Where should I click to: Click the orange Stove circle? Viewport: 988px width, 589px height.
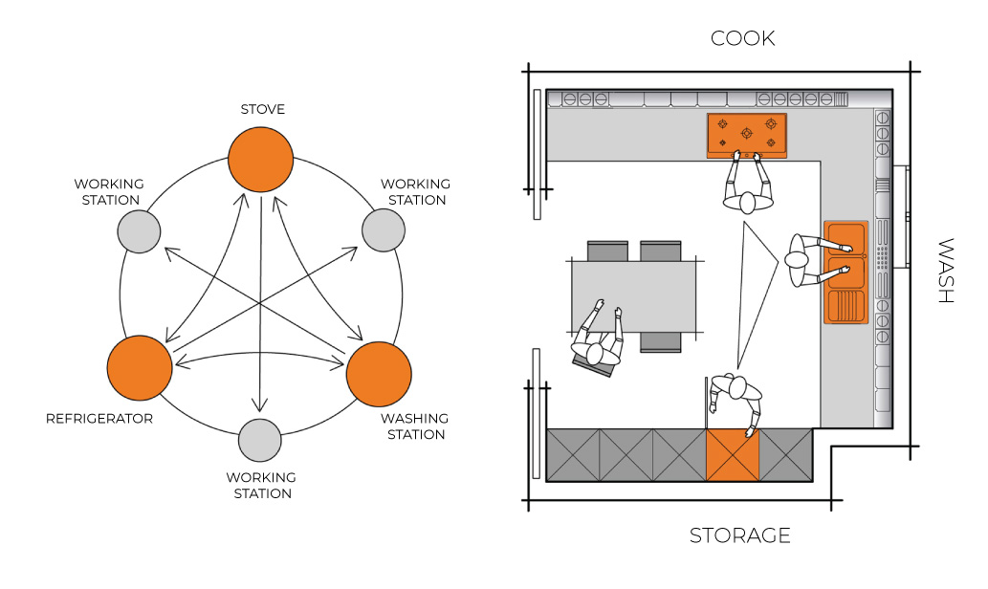coord(260,160)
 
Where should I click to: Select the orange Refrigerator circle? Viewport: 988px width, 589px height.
coord(140,368)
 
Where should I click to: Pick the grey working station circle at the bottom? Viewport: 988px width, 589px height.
coord(259,441)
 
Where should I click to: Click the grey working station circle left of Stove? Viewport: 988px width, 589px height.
coord(139,232)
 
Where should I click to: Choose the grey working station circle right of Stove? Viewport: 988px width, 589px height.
coord(383,230)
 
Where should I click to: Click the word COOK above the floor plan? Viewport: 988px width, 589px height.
coord(742,38)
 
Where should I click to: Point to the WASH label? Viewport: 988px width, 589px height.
coord(945,271)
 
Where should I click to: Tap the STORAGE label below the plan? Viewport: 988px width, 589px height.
coord(739,535)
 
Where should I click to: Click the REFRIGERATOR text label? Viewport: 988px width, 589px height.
coord(99,419)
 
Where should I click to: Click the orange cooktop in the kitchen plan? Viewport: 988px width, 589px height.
coord(747,135)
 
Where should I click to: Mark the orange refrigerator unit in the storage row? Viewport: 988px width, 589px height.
coord(732,455)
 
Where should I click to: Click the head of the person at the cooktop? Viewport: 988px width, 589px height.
coord(748,203)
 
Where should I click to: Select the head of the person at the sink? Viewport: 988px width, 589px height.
coord(797,259)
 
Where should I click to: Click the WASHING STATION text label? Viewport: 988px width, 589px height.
coord(414,426)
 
